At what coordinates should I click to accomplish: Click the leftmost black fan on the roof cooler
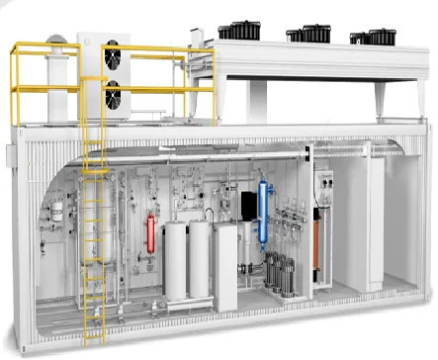[239, 31]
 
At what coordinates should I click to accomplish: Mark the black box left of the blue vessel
[247, 207]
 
